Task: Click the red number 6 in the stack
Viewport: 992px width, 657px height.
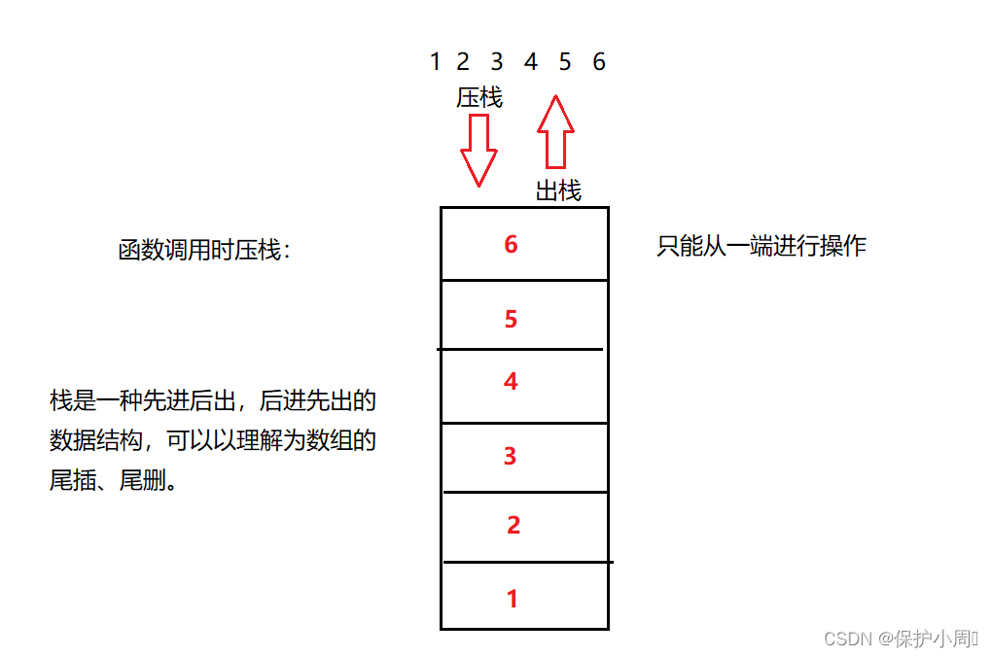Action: [511, 244]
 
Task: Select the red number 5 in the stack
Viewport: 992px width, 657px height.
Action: [511, 319]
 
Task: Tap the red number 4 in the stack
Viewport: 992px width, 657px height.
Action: [511, 382]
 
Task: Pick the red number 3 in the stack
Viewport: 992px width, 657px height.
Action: [511, 456]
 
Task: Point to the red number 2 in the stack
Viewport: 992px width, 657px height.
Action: [514, 526]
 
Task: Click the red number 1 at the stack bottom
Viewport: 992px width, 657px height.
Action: [513, 599]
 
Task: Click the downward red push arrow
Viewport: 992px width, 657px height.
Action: [478, 149]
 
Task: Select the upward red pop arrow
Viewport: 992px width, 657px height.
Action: [555, 131]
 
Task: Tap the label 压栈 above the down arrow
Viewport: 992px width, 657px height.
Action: [479, 98]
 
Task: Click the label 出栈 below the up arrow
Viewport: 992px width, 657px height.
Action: [558, 191]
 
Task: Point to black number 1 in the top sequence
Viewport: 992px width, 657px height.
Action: [435, 62]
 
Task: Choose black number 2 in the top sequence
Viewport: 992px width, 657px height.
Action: [463, 62]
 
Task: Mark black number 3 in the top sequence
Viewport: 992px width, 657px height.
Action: [497, 62]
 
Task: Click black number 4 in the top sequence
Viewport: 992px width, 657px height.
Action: [531, 62]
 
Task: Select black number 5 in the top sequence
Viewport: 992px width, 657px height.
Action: [565, 62]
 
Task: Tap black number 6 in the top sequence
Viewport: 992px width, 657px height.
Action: [599, 62]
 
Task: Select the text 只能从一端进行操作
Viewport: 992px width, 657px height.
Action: [762, 246]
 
